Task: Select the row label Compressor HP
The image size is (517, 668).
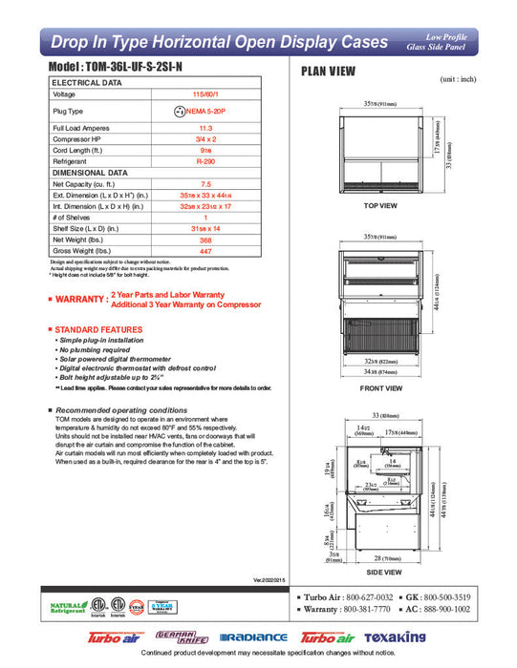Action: (75, 140)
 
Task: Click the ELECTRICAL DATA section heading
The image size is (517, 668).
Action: (87, 83)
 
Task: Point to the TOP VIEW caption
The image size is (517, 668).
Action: (380, 205)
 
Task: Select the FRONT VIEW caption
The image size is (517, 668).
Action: (380, 389)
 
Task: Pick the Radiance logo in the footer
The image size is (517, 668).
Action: (253, 637)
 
